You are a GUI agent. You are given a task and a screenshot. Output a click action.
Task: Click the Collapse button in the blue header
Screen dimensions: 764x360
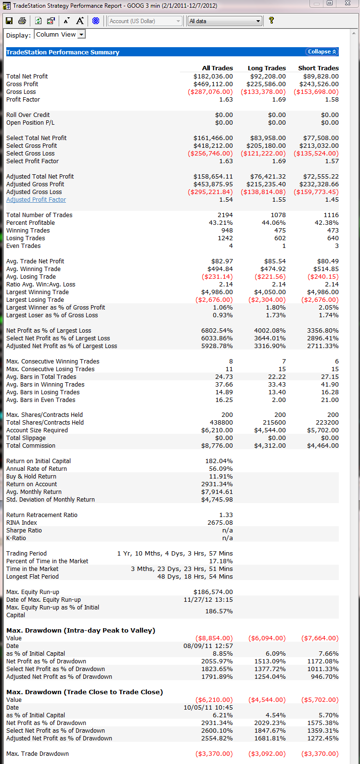pos(322,52)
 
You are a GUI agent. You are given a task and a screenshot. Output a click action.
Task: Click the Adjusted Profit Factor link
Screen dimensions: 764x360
pos(36,200)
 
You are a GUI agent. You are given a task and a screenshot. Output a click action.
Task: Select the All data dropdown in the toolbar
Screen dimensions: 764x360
pos(225,21)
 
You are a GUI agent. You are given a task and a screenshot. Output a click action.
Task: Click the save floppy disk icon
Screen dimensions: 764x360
pos(9,21)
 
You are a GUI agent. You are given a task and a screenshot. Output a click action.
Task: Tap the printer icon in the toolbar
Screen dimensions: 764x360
pos(22,21)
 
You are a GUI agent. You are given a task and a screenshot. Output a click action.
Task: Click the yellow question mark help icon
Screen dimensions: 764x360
pos(271,21)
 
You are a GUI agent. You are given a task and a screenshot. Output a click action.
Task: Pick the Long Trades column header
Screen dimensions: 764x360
pos(267,68)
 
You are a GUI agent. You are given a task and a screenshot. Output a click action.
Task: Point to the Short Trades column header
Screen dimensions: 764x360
pos(318,68)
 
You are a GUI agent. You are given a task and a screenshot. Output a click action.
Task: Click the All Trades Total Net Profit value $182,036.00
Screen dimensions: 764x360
pos(213,77)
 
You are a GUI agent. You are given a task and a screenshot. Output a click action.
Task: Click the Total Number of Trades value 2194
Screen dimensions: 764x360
pos(225,215)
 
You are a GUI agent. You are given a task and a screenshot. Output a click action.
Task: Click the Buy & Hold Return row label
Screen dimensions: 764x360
pos(31,477)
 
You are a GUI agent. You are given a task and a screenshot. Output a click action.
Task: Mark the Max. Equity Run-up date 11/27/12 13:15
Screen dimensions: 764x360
pos(208,600)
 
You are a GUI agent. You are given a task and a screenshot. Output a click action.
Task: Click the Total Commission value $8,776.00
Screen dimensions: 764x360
pos(215,446)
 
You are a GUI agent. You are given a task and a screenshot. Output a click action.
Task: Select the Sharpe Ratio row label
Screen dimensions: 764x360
pos(24,531)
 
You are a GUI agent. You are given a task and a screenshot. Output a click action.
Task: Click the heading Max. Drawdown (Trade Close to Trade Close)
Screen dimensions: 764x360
pos(85,692)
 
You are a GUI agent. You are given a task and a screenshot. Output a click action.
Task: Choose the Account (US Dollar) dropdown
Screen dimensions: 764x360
pos(145,21)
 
